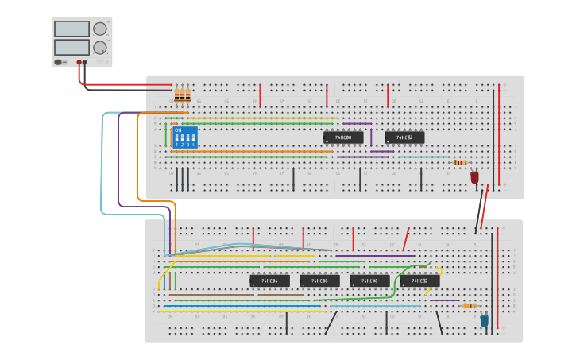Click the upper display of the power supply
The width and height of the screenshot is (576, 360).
coord(72,29)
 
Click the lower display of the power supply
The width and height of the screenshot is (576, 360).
coord(72,48)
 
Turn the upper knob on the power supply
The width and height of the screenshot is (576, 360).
coord(100,29)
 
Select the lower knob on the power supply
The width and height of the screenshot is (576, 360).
coord(100,48)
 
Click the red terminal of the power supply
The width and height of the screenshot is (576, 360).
coord(79,62)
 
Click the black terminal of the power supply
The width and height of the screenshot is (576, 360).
coord(85,62)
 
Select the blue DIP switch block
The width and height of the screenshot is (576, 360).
coord(184,137)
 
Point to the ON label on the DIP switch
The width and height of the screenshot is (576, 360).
coord(178,130)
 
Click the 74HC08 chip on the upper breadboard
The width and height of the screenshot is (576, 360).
coord(343,137)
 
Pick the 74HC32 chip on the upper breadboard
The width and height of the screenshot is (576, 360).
coord(404,137)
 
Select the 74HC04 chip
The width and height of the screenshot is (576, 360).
coord(269,281)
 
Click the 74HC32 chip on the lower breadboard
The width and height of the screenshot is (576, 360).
coord(419,281)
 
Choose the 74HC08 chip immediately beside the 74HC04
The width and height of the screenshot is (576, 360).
coord(319,281)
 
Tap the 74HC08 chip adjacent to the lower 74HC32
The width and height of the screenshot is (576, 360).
coord(369,281)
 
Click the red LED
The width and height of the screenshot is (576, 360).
coord(475,177)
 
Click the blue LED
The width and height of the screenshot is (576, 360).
coord(485,320)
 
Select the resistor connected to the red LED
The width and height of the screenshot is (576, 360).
coord(460,162)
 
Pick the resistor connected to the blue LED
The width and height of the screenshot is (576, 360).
coord(470,305)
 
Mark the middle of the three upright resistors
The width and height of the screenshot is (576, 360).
coord(183,95)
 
